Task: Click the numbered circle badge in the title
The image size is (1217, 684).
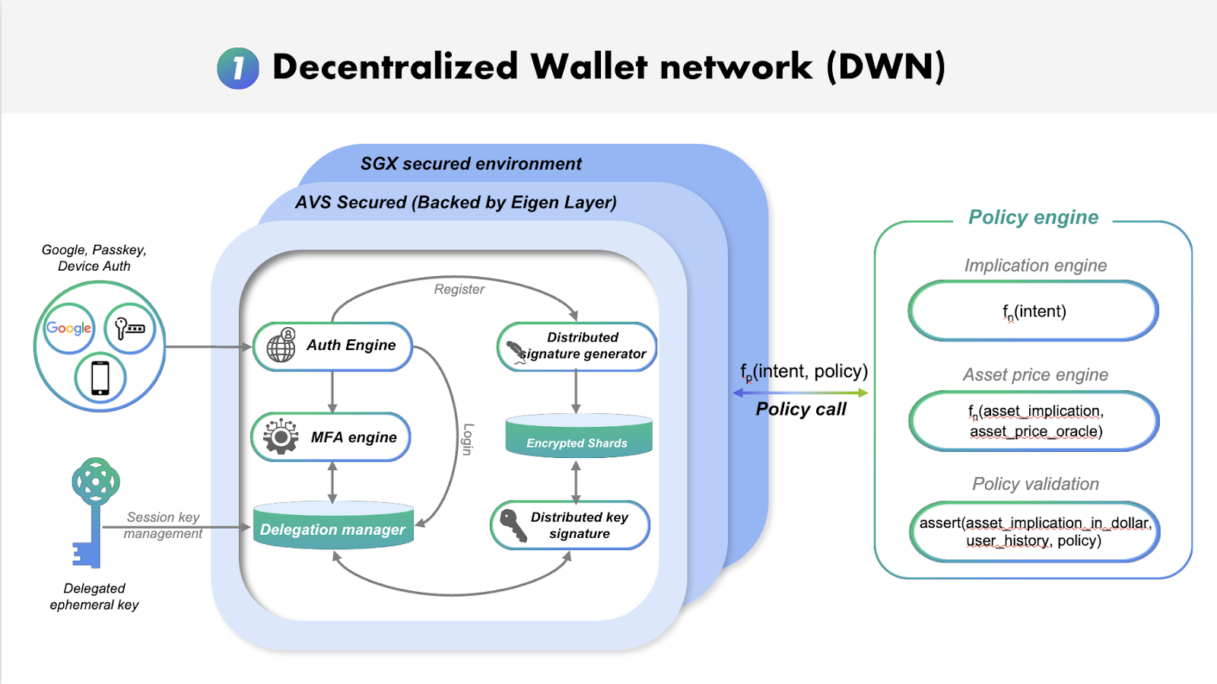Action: pyautogui.click(x=238, y=68)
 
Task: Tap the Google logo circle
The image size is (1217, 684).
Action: pyautogui.click(x=69, y=328)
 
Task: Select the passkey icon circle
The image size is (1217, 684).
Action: pyautogui.click(x=129, y=328)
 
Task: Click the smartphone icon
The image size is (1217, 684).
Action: pyautogui.click(x=100, y=377)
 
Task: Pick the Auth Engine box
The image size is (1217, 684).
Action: pyautogui.click(x=332, y=346)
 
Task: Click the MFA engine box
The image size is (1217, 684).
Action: pyautogui.click(x=331, y=437)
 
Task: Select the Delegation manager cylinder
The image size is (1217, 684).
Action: pyautogui.click(x=333, y=527)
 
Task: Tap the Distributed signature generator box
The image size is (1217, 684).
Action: pyautogui.click(x=577, y=346)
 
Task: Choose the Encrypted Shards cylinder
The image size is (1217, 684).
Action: pyautogui.click(x=578, y=437)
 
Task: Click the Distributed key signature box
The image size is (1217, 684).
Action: pyautogui.click(x=570, y=525)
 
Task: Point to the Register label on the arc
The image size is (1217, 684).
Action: pyautogui.click(x=459, y=289)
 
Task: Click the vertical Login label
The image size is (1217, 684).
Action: pyautogui.click(x=468, y=439)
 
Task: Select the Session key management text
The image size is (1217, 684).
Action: pyautogui.click(x=163, y=525)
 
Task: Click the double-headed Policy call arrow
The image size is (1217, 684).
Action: pyautogui.click(x=800, y=393)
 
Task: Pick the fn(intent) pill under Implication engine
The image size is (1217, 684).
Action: pyautogui.click(x=1034, y=311)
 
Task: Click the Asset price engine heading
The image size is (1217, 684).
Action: pyautogui.click(x=1034, y=374)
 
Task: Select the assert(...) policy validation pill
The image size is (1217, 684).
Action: pyautogui.click(x=1034, y=532)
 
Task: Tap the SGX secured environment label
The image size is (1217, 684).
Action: pyautogui.click(x=471, y=164)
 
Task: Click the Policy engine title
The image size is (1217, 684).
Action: pyautogui.click(x=1033, y=218)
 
